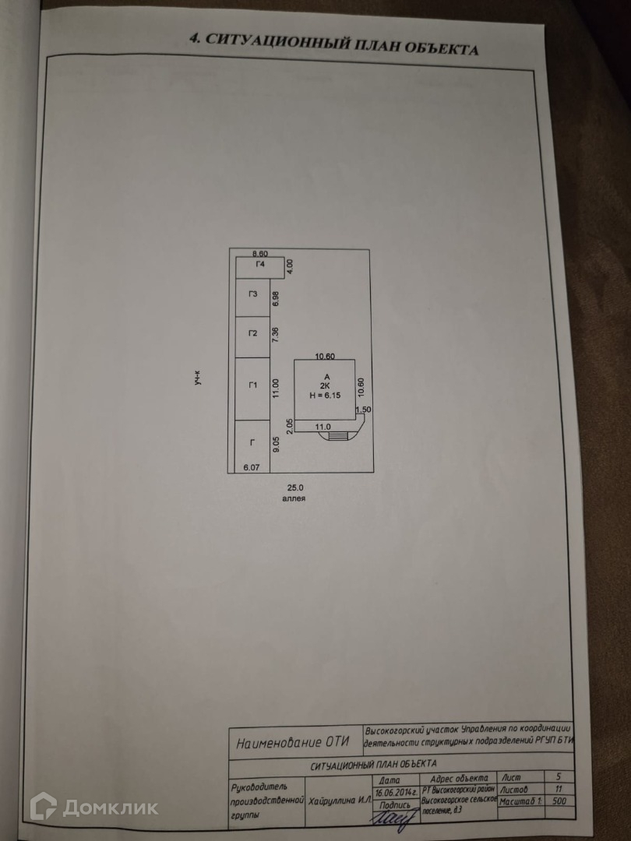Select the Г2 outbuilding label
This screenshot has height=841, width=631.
coord(252,333)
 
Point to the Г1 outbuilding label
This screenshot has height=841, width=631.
coord(252,385)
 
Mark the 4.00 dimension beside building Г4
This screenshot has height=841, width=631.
coord(289,265)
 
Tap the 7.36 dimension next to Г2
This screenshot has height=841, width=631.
coord(275,334)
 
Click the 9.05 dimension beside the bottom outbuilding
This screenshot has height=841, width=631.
coord(275,445)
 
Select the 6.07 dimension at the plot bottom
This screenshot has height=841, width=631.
coord(252,466)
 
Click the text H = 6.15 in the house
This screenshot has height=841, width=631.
coord(326,396)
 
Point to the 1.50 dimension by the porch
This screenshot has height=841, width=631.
coord(362,410)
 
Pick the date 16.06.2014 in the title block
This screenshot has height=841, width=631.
coord(396,792)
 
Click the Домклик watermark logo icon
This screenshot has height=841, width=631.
coord(43,806)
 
